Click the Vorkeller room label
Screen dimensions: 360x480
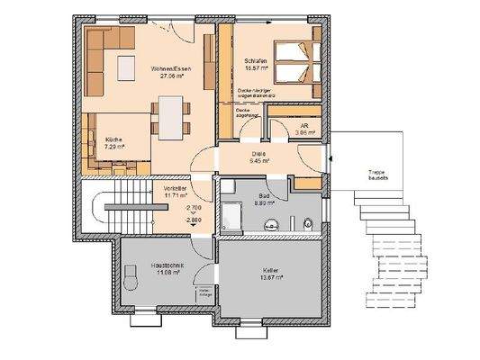175,191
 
